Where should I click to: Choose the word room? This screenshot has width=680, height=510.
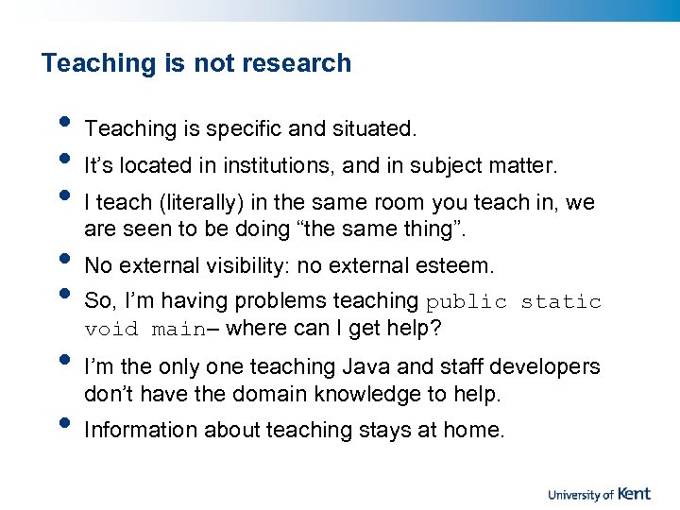(400, 203)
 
